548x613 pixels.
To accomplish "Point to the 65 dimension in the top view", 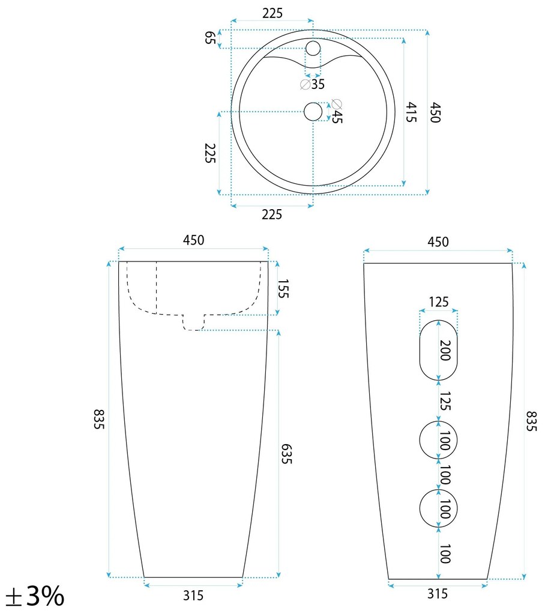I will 210,38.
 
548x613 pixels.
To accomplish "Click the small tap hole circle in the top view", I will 313,47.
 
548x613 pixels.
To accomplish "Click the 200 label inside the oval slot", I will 444,349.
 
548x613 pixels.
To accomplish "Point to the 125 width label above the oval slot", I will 438,302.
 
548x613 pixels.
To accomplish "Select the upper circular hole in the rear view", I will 438,441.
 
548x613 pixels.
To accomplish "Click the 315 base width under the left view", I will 193,596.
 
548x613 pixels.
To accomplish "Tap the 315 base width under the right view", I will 438,594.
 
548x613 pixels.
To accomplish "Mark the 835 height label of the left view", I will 100,418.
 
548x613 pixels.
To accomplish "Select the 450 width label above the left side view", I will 193,240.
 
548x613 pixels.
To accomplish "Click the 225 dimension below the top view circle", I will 271,214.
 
